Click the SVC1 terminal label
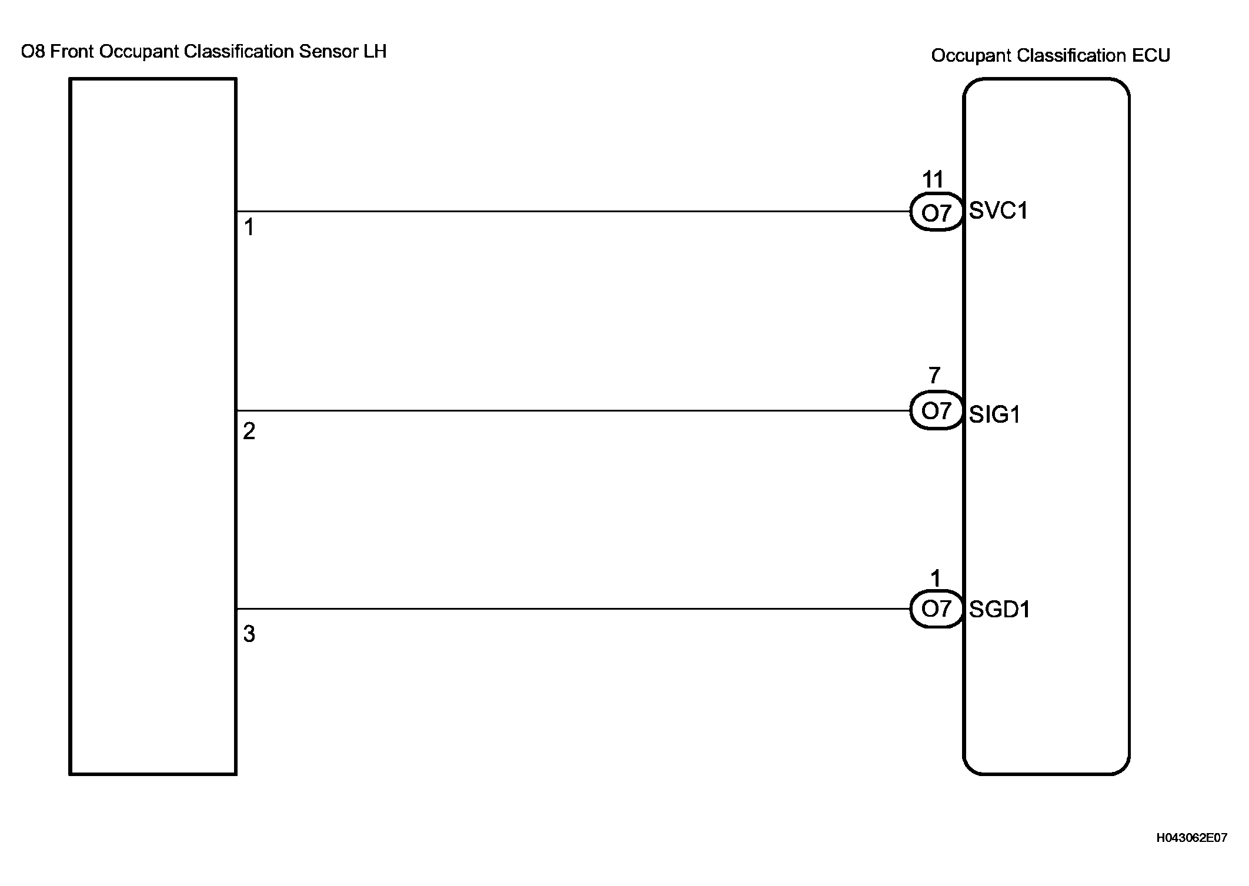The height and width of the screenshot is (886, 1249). click(x=998, y=210)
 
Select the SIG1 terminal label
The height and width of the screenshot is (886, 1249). click(x=994, y=415)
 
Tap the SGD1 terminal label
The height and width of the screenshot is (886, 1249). click(x=999, y=610)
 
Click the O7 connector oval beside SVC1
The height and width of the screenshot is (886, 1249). click(x=936, y=212)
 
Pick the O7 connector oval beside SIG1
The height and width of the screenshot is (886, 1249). click(x=936, y=411)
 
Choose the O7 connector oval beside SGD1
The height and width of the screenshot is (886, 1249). click(x=936, y=609)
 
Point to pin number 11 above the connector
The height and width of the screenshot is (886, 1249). click(x=933, y=179)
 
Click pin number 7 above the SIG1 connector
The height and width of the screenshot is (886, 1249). click(x=934, y=375)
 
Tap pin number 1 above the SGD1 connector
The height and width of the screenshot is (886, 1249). click(x=936, y=579)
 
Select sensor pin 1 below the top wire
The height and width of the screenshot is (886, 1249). click(x=249, y=228)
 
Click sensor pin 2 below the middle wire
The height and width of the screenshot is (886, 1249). click(x=249, y=432)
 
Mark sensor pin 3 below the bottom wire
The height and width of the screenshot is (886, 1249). click(x=249, y=634)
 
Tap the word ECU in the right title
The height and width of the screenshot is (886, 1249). click(x=1151, y=55)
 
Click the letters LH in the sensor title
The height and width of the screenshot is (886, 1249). click(x=375, y=52)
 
